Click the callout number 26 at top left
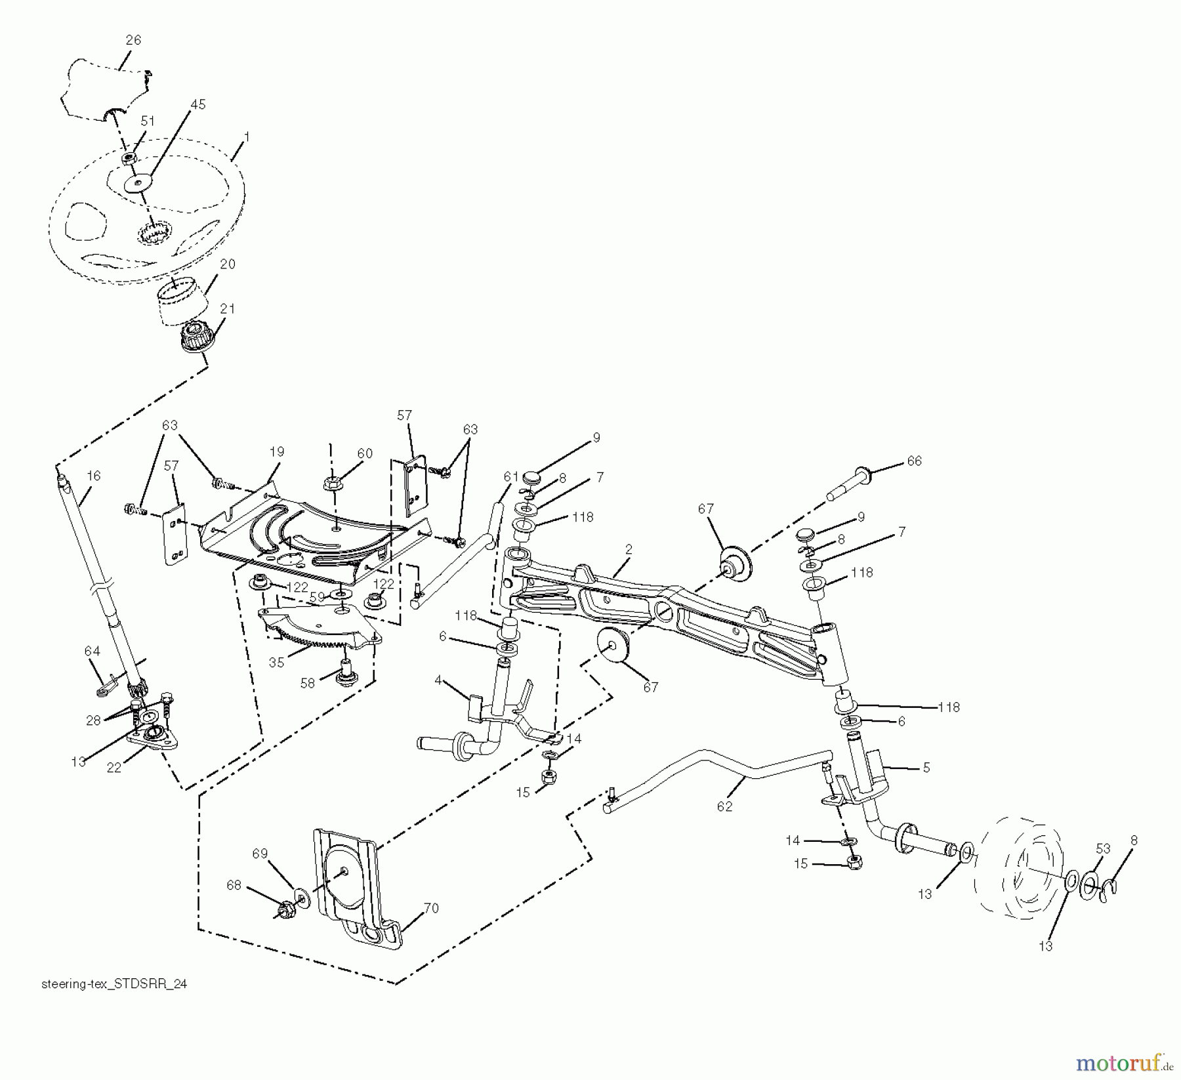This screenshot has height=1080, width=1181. tap(133, 40)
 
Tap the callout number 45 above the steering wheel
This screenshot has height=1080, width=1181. tap(197, 104)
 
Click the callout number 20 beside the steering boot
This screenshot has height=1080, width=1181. tap(228, 264)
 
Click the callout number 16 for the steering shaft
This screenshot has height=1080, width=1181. tap(93, 475)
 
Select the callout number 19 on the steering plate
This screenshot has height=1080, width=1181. tap(276, 451)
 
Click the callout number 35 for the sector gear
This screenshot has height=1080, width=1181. tap(276, 663)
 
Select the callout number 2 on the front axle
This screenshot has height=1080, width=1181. tap(628, 550)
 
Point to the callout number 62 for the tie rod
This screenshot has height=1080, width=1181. tap(724, 806)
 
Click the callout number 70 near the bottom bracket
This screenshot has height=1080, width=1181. tap(430, 908)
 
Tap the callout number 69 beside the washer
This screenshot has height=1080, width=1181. tap(260, 854)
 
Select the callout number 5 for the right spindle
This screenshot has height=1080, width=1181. tap(926, 767)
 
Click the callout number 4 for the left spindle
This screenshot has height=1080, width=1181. tap(438, 680)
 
